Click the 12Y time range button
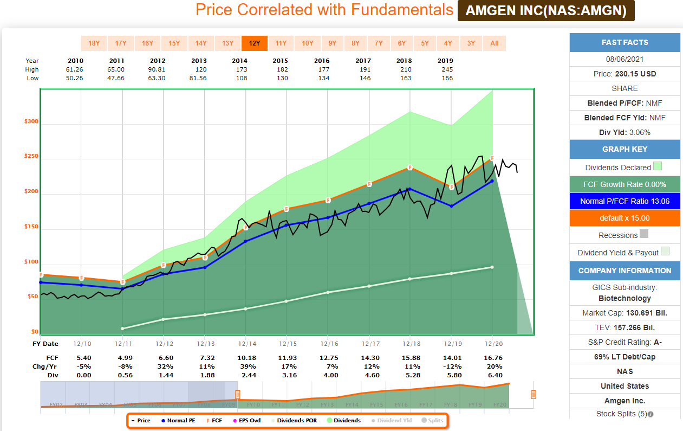click(x=255, y=43)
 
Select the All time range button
click(x=495, y=43)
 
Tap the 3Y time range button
click(x=471, y=43)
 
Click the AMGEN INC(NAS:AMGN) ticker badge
click(x=546, y=11)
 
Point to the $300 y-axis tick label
click(x=31, y=121)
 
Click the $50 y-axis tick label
click(x=31, y=297)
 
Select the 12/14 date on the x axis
click(x=246, y=344)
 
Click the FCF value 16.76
click(x=492, y=358)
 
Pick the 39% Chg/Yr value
click(x=246, y=366)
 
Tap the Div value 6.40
click(x=492, y=375)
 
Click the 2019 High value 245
click(x=446, y=69)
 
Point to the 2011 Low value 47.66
click(x=116, y=78)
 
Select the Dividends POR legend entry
click(x=295, y=420)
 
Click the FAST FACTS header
click(x=625, y=42)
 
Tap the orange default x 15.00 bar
click(x=625, y=218)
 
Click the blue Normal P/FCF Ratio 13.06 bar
click(x=625, y=201)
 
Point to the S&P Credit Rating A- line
click(x=625, y=342)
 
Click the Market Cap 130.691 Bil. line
click(x=625, y=313)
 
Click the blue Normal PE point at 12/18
click(x=410, y=189)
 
